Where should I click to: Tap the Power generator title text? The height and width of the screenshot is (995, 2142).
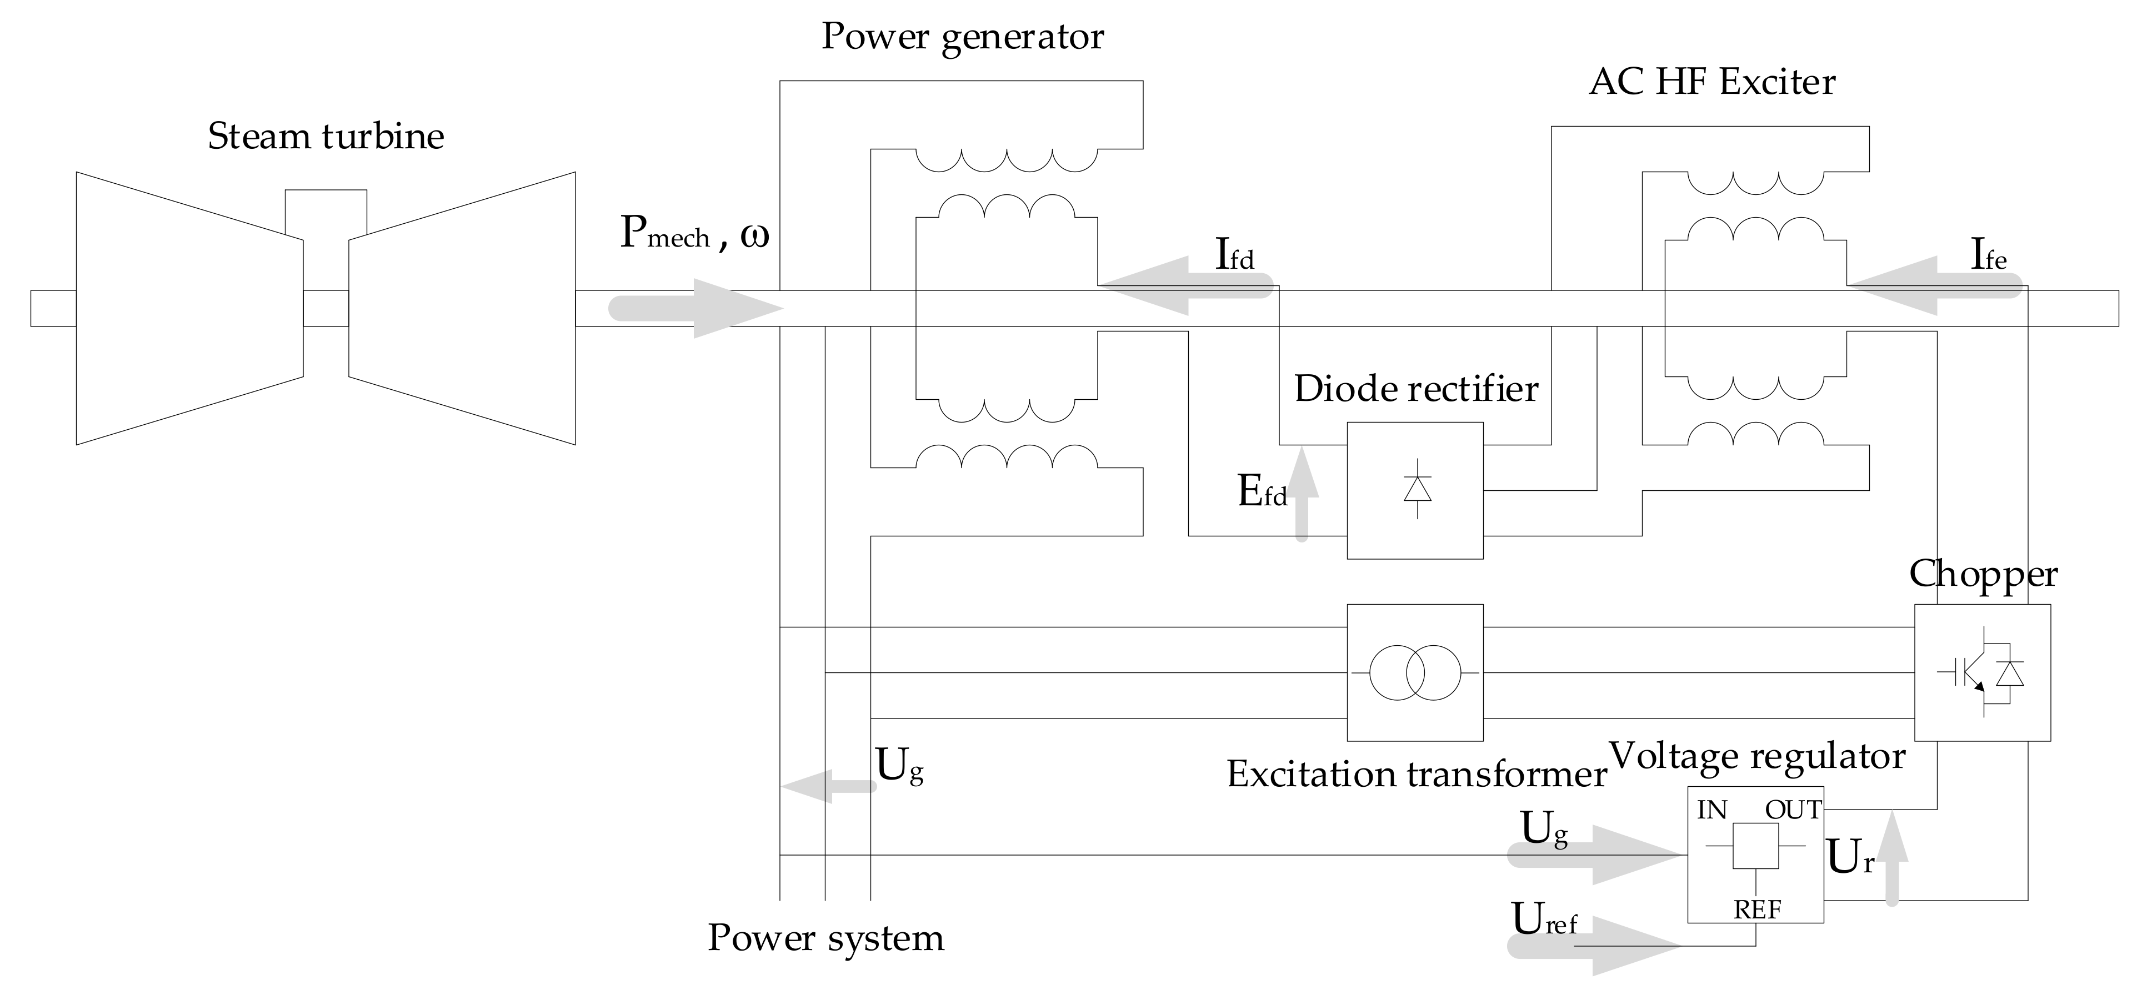click(x=962, y=37)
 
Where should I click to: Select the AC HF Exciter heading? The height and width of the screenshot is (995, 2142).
click(x=1711, y=82)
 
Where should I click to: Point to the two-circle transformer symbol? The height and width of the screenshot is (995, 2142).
click(x=1414, y=672)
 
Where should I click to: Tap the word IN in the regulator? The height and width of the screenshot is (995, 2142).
click(x=1712, y=811)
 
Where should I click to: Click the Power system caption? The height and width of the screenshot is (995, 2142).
click(x=825, y=938)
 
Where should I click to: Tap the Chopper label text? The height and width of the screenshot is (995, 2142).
click(x=1983, y=574)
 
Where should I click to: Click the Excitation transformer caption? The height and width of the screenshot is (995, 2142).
click(x=1416, y=775)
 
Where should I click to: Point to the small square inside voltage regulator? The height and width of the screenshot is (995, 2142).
click(x=1755, y=846)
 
